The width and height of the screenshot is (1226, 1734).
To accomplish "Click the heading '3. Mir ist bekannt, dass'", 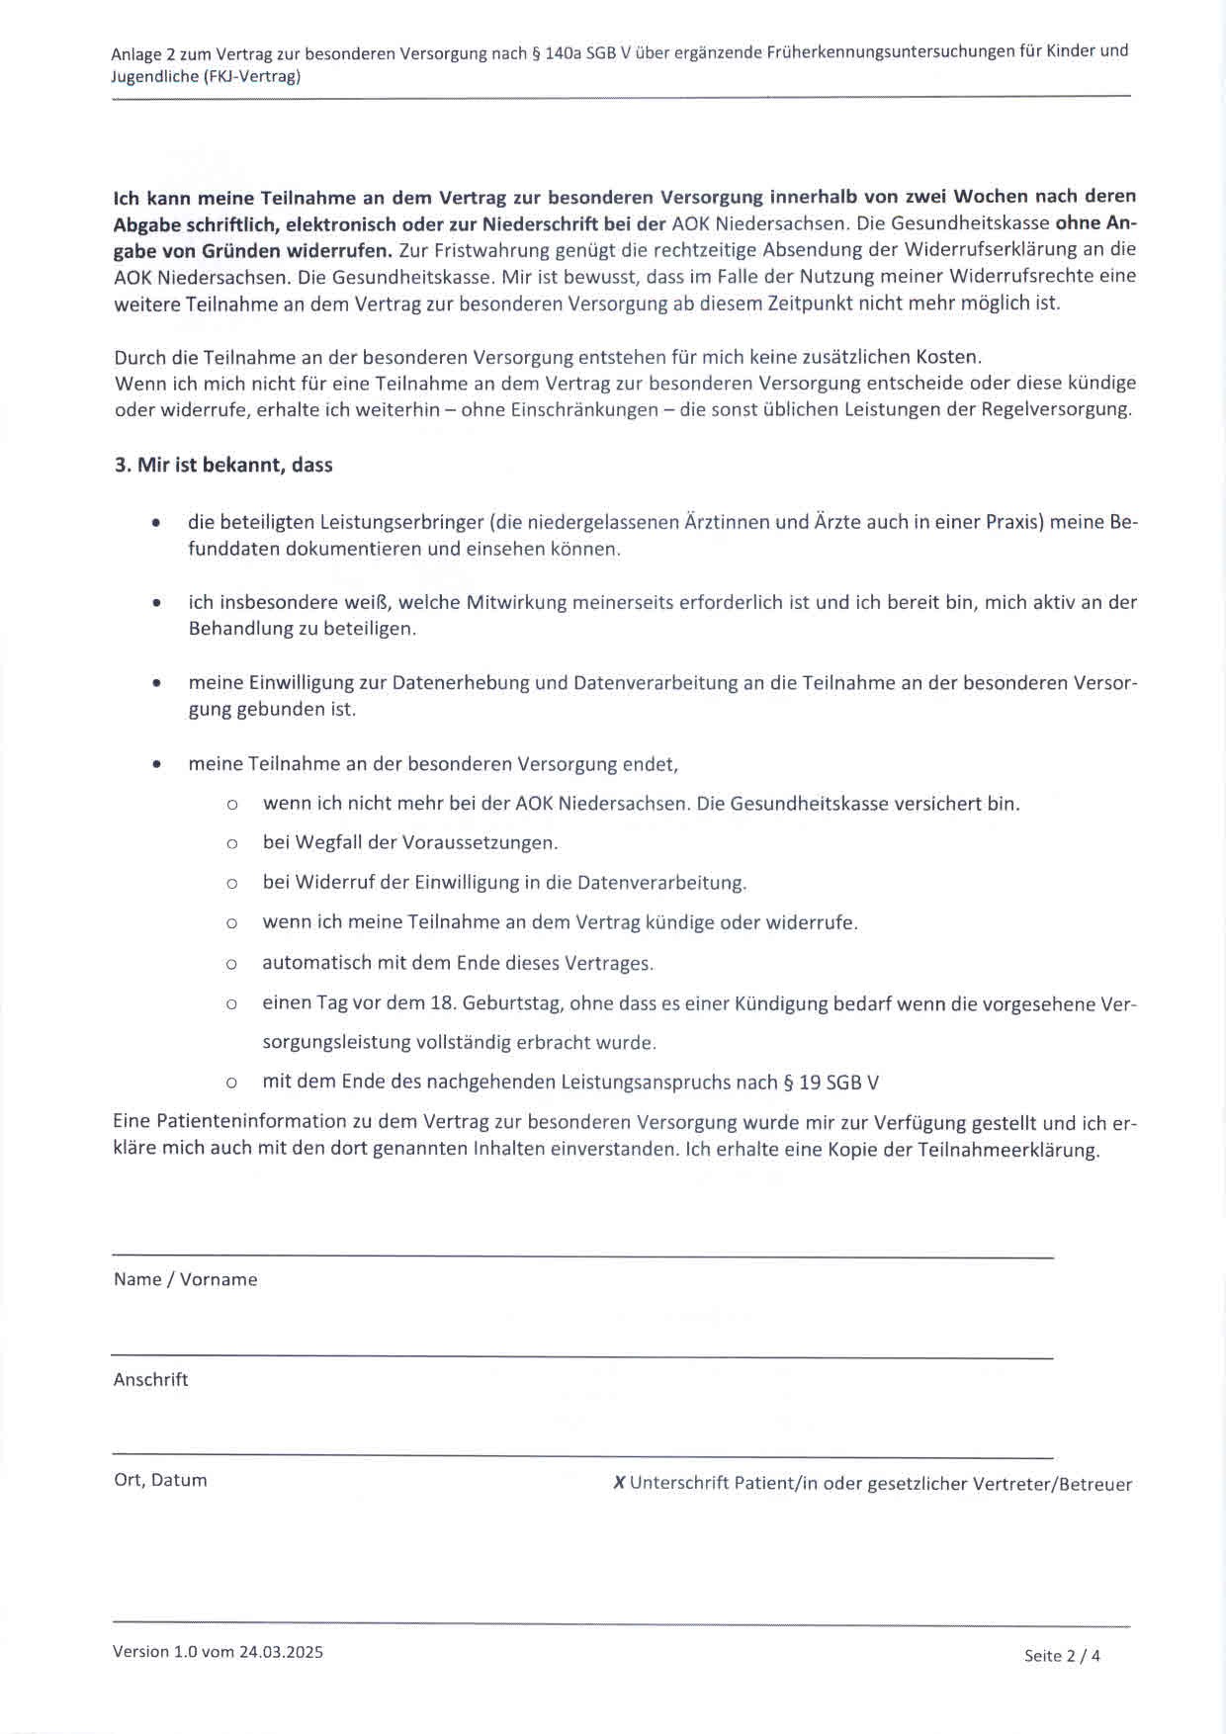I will coord(223,465).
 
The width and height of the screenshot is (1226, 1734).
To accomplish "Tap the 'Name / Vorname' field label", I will coord(185,1279).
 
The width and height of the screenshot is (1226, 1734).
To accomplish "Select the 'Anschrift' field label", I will coord(150,1379).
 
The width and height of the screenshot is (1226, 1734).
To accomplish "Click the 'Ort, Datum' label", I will coord(160,1480).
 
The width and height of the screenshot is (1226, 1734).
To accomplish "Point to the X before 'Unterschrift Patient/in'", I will coord(619,1483).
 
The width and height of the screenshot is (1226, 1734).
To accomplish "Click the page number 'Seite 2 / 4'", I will coord(1062,1656).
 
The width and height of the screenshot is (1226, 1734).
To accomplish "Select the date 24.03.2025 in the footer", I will coord(280,1652).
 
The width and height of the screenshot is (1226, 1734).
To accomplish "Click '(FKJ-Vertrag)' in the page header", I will coord(252,76).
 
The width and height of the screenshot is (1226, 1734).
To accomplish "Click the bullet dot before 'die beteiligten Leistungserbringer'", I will coord(156,522).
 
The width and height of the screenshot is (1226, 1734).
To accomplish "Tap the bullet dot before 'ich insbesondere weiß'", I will coord(156,602).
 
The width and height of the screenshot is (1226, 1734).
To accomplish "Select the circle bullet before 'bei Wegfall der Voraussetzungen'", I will coord(231,844).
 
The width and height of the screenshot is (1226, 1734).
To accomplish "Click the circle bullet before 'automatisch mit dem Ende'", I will coord(231,964).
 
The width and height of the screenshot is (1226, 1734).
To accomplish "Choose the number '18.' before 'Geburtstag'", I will coord(442,1003).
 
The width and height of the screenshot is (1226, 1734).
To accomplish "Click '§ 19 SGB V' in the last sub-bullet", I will coord(831,1083).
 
